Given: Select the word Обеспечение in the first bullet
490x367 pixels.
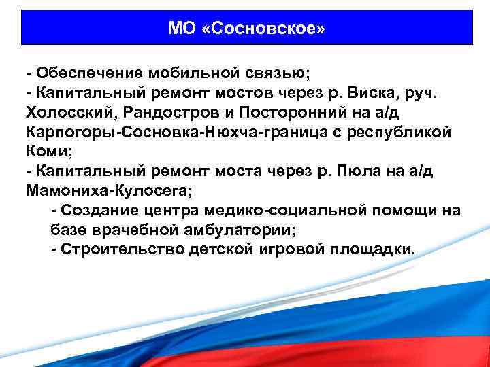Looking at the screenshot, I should (84, 72).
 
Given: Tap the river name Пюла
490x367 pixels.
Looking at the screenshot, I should (367, 171).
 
